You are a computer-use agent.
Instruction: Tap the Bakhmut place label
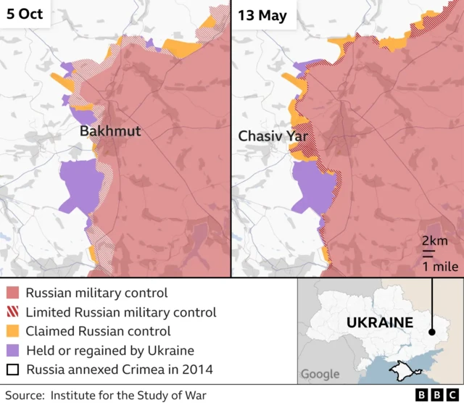coord(109,132)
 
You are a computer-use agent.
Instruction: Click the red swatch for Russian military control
coord(13,293)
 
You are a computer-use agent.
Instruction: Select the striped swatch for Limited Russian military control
coord(13,312)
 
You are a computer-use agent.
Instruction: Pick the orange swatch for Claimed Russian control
coord(13,331)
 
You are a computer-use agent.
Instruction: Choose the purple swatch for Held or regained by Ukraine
coord(13,351)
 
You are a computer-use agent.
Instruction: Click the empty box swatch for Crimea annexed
coord(13,369)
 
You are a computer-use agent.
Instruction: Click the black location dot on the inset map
coord(433,333)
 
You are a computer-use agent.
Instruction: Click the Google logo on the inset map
coord(320,374)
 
